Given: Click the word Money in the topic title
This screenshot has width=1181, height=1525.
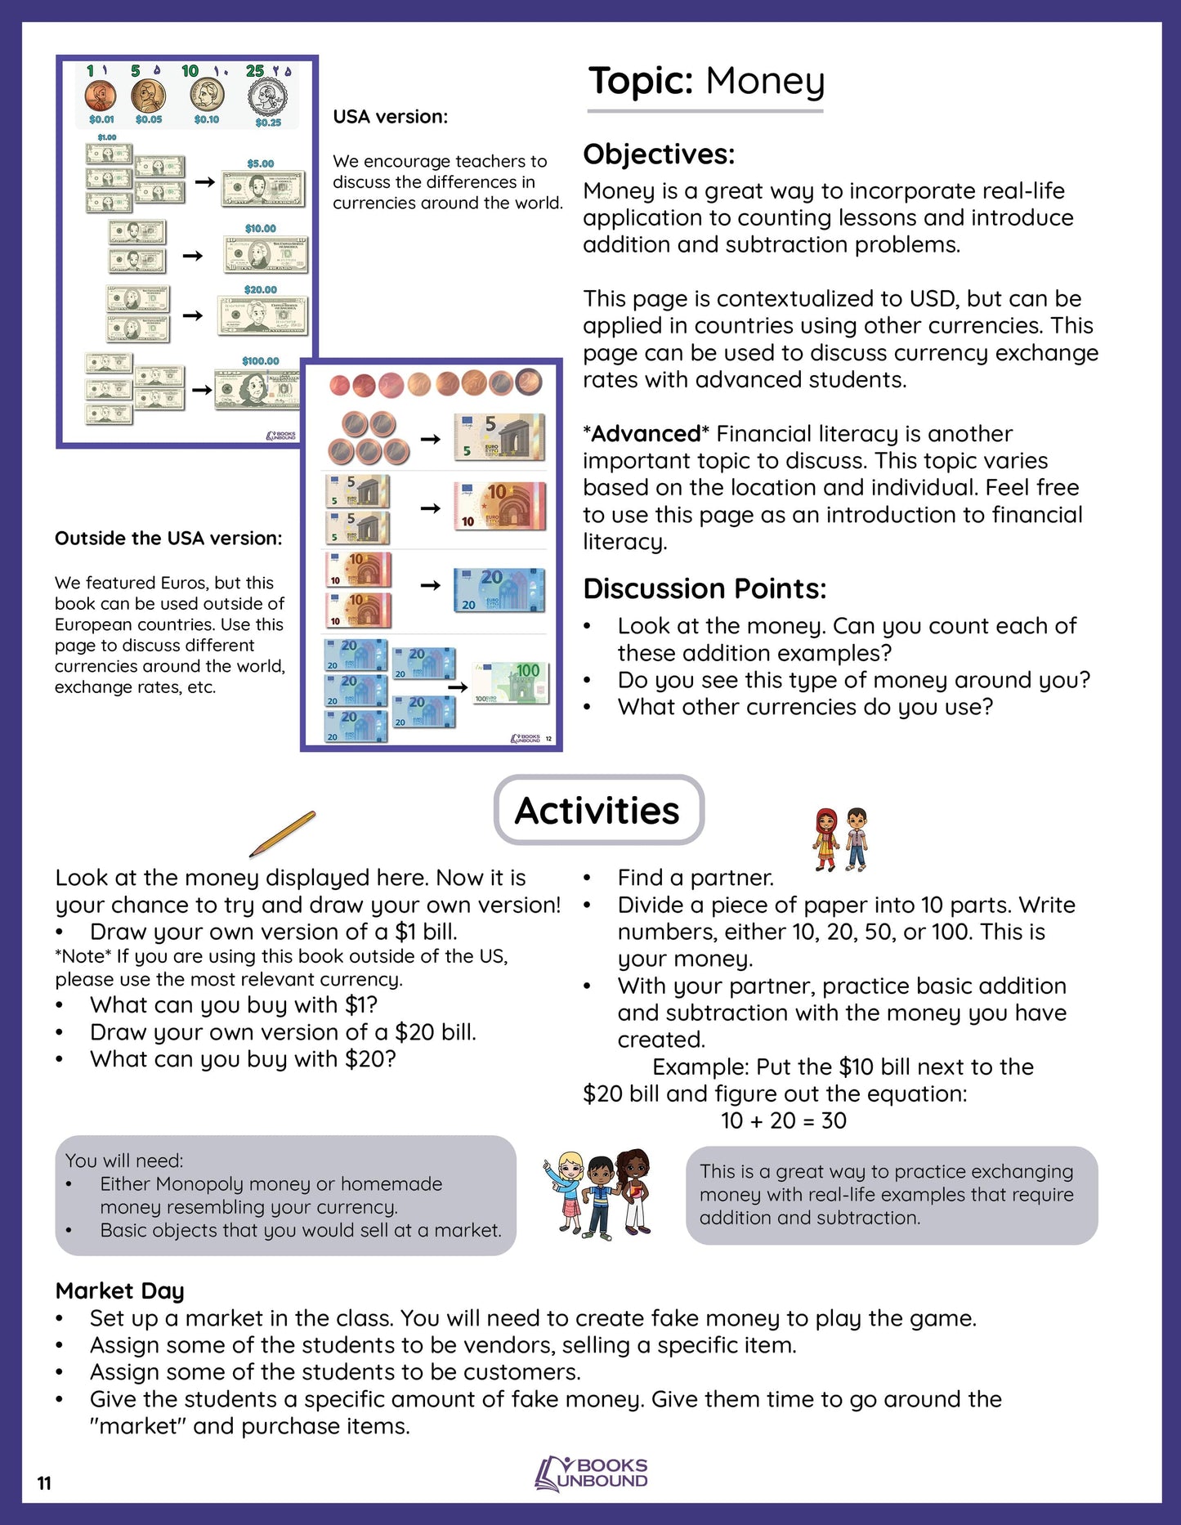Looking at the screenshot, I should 765,82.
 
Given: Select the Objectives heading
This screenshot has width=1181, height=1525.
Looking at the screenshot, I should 659,154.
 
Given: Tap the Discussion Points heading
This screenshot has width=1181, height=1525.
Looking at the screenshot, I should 705,588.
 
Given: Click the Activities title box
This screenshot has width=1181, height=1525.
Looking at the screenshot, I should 598,810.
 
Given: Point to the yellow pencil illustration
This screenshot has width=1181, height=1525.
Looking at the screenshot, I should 282,834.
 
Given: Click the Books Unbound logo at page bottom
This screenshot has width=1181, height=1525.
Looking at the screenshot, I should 591,1474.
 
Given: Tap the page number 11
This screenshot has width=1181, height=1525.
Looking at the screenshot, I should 44,1483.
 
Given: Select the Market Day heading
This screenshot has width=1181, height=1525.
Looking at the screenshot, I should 119,1290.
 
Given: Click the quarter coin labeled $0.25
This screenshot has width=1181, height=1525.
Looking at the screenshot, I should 267,97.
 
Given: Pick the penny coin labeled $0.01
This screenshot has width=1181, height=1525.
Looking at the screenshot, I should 100,96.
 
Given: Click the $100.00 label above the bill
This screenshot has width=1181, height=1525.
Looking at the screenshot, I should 260,360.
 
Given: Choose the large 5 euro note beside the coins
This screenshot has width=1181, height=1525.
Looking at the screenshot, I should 499,436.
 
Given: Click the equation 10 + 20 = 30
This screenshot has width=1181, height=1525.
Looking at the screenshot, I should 783,1120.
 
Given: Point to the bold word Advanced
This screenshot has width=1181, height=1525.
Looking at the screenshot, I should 646,433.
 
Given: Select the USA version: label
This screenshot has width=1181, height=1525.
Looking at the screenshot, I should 390,117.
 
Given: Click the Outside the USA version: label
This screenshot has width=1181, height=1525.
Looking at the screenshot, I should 168,538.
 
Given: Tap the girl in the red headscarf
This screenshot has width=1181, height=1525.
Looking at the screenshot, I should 826,839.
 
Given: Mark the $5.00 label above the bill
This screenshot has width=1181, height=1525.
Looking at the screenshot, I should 260,163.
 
